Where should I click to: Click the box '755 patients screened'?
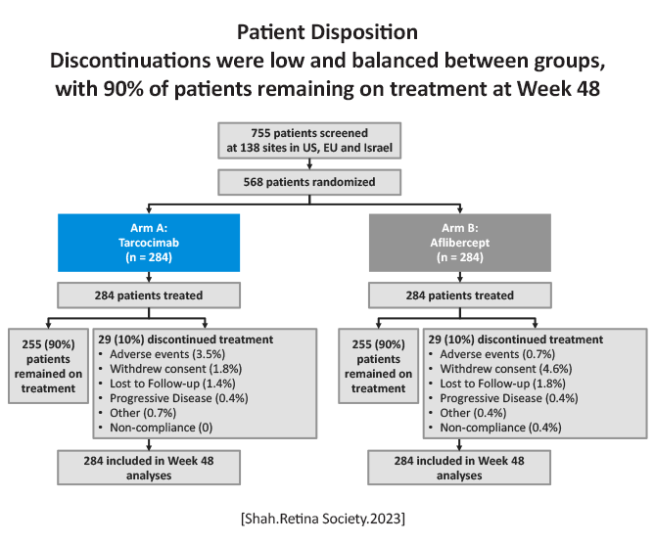pyautogui.click(x=309, y=141)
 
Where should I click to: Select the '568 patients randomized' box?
pyautogui.click(x=309, y=182)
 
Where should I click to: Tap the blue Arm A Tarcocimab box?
pyautogui.click(x=149, y=243)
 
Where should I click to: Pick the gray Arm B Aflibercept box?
pyautogui.click(x=460, y=243)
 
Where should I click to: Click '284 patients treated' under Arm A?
pyautogui.click(x=149, y=295)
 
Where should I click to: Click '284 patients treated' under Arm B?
pyautogui.click(x=460, y=295)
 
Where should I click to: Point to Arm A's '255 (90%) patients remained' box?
pyautogui.click(x=48, y=366)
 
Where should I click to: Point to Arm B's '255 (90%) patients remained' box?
pyautogui.click(x=379, y=366)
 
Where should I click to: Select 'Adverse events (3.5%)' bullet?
pyautogui.click(x=167, y=354)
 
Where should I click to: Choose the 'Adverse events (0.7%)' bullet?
pyautogui.click(x=497, y=354)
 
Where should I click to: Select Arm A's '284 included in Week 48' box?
pyautogui.click(x=149, y=468)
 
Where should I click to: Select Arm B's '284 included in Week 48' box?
pyautogui.click(x=459, y=468)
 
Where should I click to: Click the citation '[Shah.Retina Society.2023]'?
pyautogui.click(x=323, y=519)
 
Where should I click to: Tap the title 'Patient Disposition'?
pyautogui.click(x=327, y=32)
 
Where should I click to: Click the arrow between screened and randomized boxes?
pyautogui.click(x=309, y=164)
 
